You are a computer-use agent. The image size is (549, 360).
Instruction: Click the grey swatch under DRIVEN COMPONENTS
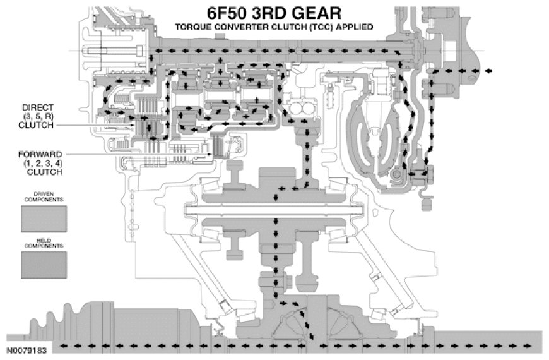[44, 219]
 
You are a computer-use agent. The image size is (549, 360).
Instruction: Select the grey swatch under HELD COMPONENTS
[44, 265]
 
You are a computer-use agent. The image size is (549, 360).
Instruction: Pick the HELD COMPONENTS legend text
[44, 246]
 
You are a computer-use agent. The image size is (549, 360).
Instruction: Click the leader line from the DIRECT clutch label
[95, 124]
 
